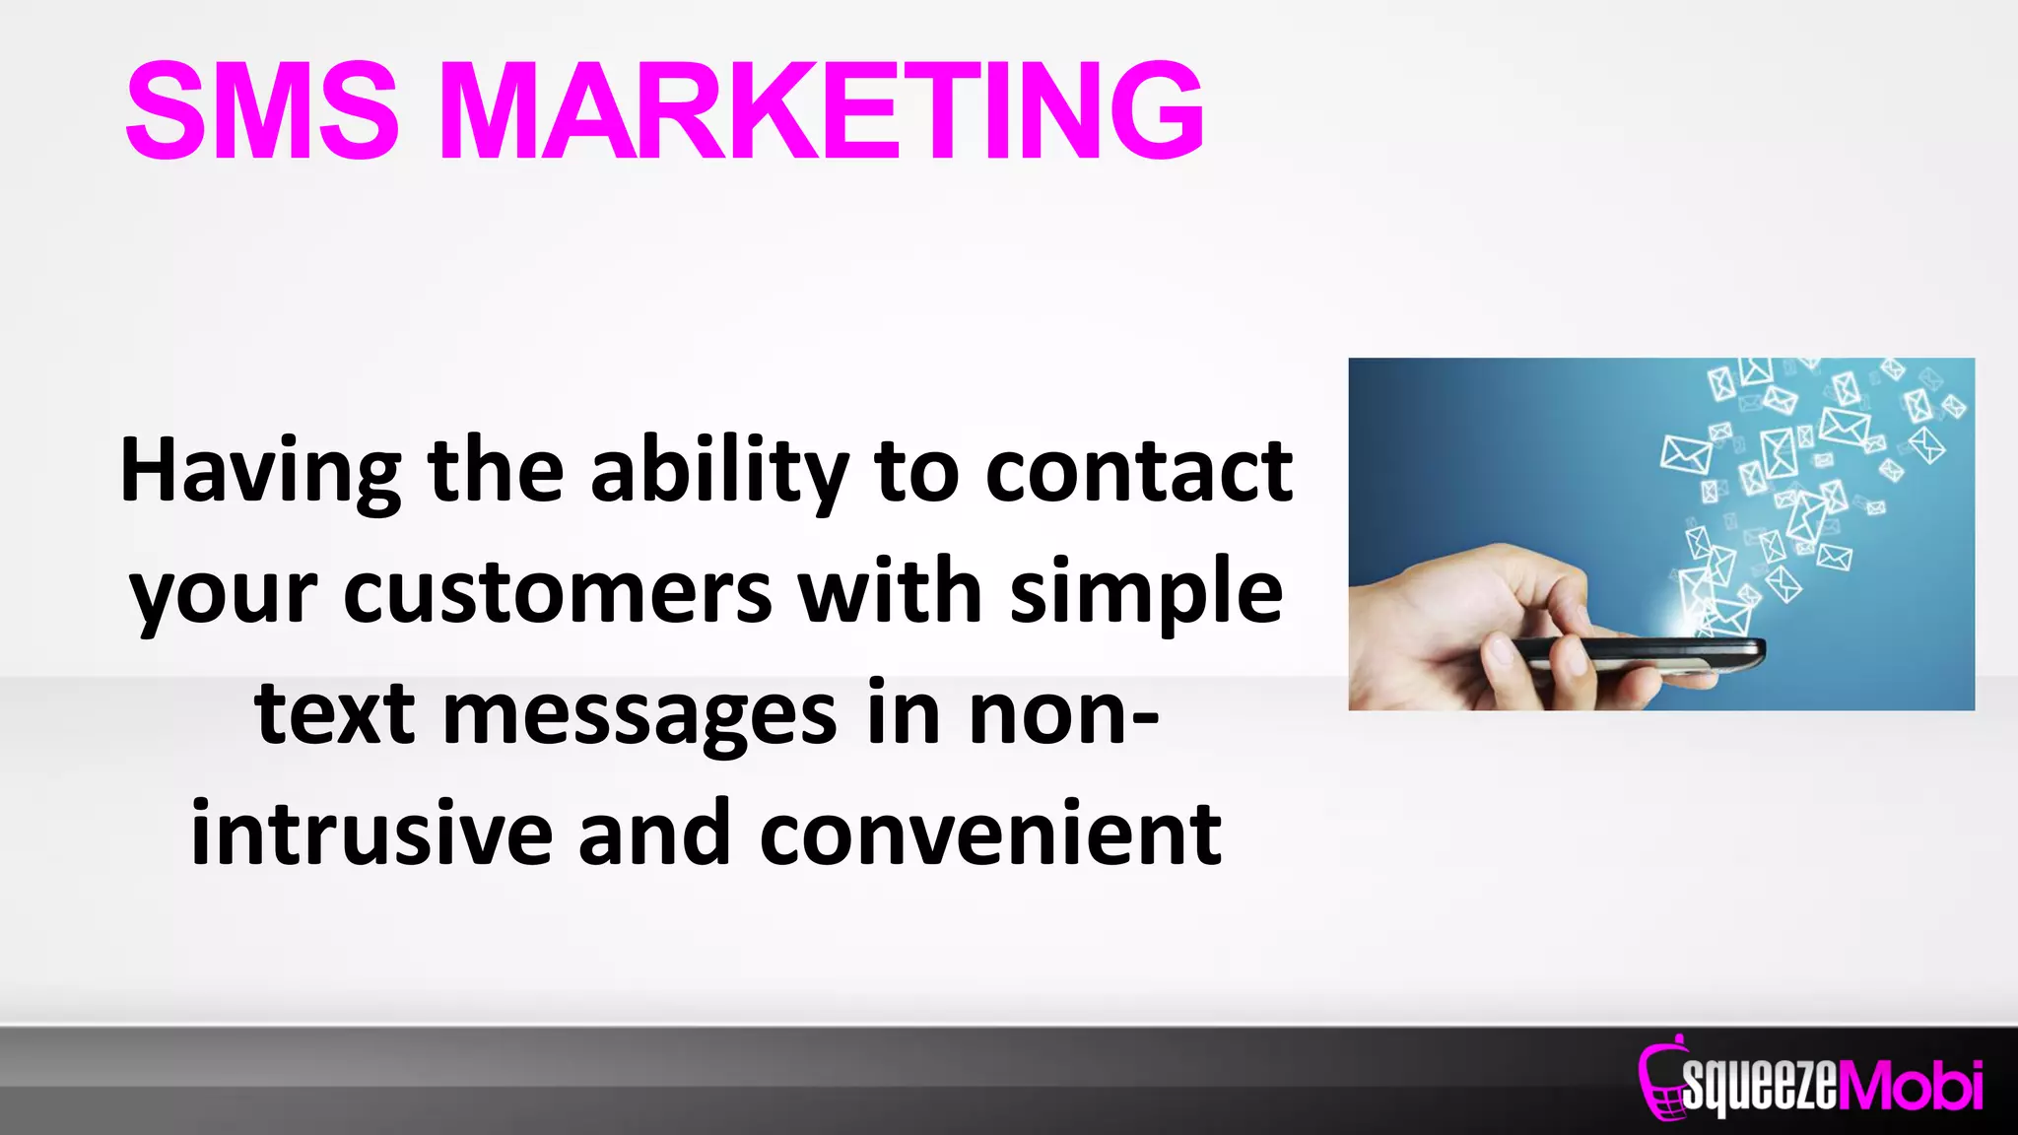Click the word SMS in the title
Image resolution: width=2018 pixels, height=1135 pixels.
pos(262,110)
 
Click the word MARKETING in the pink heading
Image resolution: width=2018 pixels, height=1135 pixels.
pos(821,110)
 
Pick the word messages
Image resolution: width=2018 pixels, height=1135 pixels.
pos(639,714)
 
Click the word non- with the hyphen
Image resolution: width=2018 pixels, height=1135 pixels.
pos(1063,714)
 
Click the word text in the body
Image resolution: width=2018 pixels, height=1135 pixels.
pos(335,714)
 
